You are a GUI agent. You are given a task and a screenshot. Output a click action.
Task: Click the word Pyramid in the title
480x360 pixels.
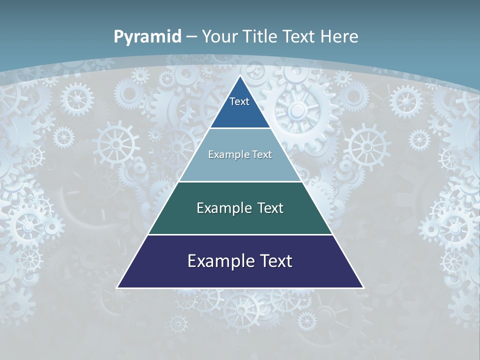[147, 37]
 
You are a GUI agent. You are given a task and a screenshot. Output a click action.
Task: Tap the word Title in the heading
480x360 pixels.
[261, 36]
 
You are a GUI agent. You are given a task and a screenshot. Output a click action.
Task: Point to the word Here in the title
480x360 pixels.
[339, 36]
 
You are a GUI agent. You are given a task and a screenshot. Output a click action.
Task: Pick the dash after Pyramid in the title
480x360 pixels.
[191, 37]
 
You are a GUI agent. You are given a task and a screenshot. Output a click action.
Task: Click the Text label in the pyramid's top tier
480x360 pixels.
[239, 101]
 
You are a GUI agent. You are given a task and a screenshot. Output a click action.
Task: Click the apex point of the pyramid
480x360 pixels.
[240, 76]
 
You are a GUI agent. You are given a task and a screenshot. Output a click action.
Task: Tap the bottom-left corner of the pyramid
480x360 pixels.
[117, 287]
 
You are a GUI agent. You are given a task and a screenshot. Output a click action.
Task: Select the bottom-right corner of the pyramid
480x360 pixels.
[363, 287]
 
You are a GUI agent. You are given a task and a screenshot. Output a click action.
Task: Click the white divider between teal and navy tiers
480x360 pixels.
[240, 234]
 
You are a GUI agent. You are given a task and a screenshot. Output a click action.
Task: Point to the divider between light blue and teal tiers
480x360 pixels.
[240, 181]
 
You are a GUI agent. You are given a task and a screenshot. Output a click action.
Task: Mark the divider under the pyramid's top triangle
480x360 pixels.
[240, 128]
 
